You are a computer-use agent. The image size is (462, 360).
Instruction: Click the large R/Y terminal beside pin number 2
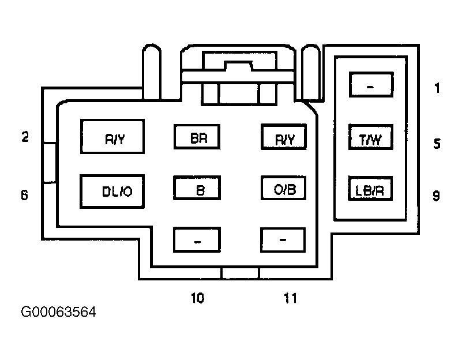(112, 136)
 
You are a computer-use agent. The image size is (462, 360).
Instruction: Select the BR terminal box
(197, 137)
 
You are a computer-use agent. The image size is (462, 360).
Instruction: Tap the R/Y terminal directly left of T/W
(284, 137)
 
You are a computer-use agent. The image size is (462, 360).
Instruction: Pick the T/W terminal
(371, 137)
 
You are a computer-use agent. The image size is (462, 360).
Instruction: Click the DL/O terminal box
(112, 192)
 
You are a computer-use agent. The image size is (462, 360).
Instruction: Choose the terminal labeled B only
(197, 188)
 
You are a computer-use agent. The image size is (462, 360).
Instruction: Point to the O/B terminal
(283, 188)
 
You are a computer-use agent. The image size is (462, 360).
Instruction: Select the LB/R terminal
(370, 189)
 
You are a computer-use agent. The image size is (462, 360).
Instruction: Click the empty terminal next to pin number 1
(371, 85)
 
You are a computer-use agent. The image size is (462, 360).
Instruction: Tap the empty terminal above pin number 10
(197, 239)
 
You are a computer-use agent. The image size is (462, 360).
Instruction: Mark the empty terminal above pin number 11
(283, 240)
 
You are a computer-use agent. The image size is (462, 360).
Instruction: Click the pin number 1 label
(437, 88)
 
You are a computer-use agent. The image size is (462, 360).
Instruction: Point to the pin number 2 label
(25, 137)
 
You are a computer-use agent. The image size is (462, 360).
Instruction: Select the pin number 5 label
(437, 144)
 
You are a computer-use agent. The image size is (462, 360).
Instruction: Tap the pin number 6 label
(25, 195)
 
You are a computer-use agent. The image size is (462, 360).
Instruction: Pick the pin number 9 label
(437, 196)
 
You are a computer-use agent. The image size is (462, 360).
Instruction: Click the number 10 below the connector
(197, 298)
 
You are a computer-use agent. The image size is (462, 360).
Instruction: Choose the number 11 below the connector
(290, 298)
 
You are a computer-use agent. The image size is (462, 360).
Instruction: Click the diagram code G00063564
(58, 312)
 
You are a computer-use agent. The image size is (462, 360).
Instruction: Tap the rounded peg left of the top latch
(152, 72)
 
